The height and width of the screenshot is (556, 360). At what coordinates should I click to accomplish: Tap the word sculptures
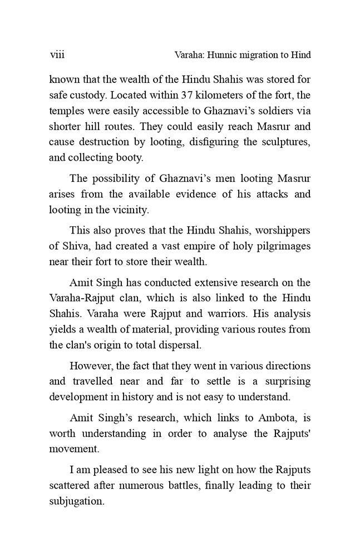pos(284,141)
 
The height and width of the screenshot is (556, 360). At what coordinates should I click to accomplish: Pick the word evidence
pos(208,195)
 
